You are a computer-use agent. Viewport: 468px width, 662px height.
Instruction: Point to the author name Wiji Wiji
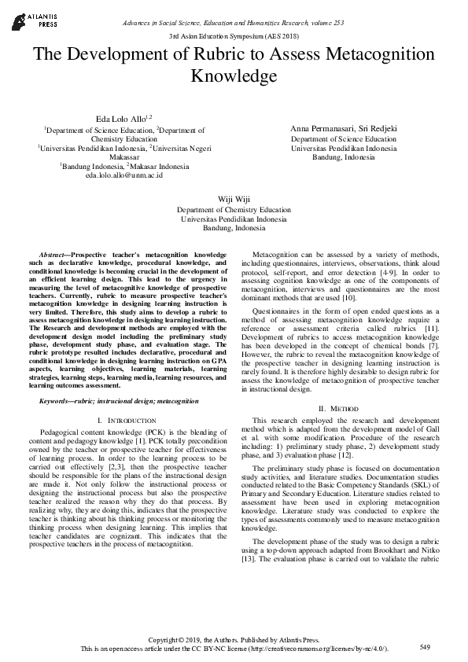pos(234,200)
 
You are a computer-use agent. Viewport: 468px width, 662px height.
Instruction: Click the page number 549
pos(425,646)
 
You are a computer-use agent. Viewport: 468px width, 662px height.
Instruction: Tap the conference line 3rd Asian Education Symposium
pos(234,37)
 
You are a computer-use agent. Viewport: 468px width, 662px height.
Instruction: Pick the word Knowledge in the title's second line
pos(234,76)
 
